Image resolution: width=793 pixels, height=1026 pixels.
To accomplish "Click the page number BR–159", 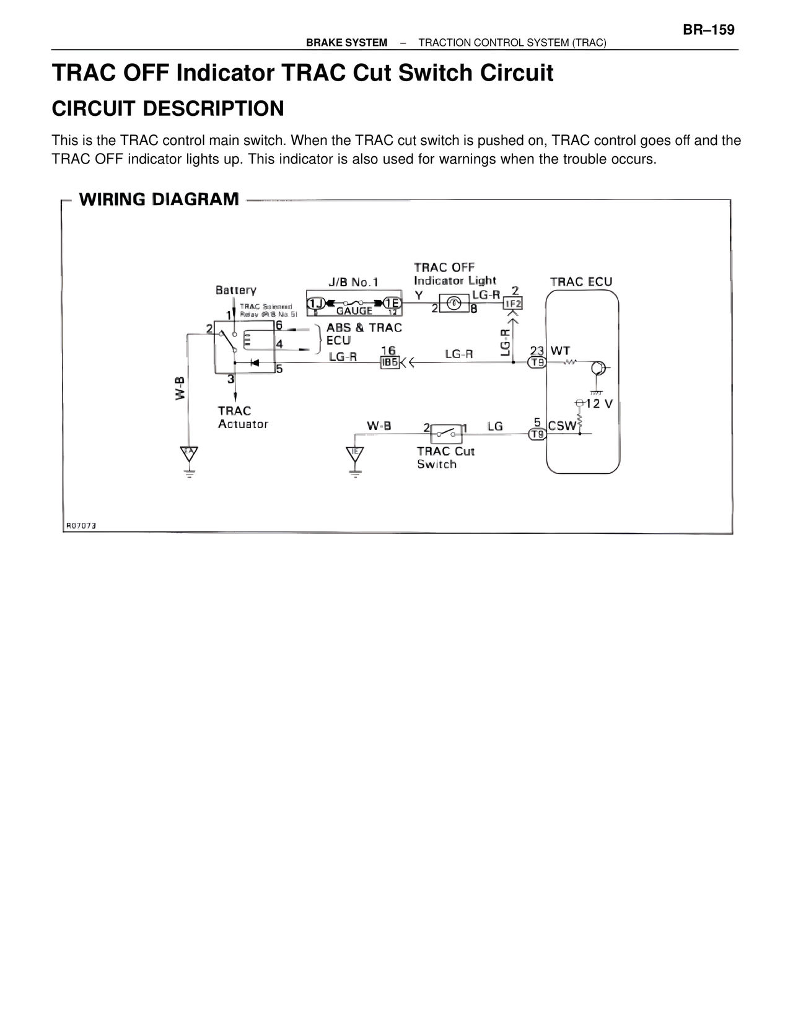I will point(709,30).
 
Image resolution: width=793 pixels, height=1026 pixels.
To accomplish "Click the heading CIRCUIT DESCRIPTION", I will point(168,108).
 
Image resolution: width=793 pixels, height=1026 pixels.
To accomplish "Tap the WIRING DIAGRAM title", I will point(159,199).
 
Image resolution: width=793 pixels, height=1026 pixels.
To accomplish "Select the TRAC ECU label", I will point(581,282).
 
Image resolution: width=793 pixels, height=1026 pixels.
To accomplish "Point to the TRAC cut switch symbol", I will point(446,431).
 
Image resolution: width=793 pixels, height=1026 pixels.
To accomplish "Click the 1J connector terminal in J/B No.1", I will point(317,303).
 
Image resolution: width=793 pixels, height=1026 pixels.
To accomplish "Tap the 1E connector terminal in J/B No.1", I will point(392,303).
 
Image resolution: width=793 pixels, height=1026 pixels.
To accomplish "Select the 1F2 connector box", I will point(513,304).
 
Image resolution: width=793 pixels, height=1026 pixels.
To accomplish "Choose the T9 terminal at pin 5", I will point(537,434).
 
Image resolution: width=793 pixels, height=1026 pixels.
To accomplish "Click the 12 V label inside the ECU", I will point(598,404).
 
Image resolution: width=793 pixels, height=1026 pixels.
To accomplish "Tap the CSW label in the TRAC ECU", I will point(562,426).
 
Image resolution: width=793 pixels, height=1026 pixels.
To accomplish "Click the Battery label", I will point(236,290).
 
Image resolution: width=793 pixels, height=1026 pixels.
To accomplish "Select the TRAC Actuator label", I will point(242,418).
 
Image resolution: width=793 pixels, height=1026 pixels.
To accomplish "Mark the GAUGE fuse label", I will point(354,311).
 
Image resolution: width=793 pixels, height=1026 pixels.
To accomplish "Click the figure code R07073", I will point(81,525).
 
